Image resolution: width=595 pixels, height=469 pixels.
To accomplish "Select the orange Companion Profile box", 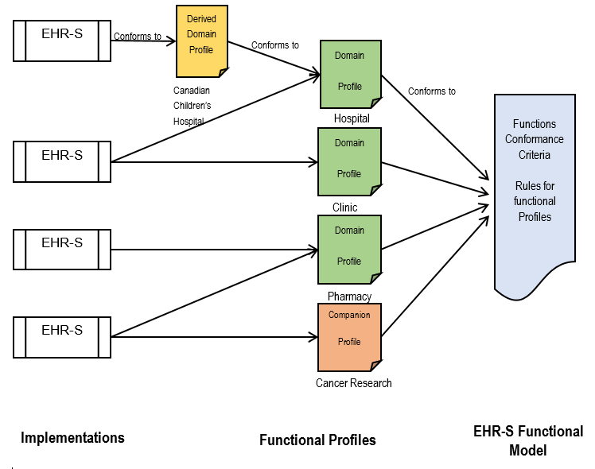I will click(x=349, y=336).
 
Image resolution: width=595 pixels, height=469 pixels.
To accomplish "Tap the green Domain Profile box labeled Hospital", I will click(x=349, y=74).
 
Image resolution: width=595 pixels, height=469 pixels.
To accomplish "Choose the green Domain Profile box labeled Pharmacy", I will click(x=349, y=249).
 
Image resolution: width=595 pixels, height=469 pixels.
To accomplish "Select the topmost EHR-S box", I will click(x=62, y=41).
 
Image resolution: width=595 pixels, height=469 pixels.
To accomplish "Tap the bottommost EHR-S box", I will click(x=62, y=336).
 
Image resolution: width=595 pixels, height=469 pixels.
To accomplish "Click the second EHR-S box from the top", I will click(x=62, y=162).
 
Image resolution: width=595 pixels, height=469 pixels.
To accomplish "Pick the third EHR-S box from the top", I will click(x=62, y=250).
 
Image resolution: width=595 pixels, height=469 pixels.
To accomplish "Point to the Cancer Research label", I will click(x=353, y=383).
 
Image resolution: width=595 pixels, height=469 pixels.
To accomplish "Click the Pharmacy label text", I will click(x=349, y=297).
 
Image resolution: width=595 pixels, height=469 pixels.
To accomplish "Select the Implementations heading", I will click(x=72, y=438).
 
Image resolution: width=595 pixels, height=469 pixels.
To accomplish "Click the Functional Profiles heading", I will click(x=317, y=440).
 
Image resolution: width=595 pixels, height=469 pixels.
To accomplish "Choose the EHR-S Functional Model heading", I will click(x=527, y=441).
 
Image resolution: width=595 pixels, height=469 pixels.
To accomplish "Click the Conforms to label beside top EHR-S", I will click(x=138, y=36).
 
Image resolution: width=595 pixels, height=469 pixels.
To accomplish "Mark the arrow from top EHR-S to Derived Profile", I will click(x=143, y=41).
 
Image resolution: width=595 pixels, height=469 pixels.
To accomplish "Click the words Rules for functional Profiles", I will click(x=535, y=201).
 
